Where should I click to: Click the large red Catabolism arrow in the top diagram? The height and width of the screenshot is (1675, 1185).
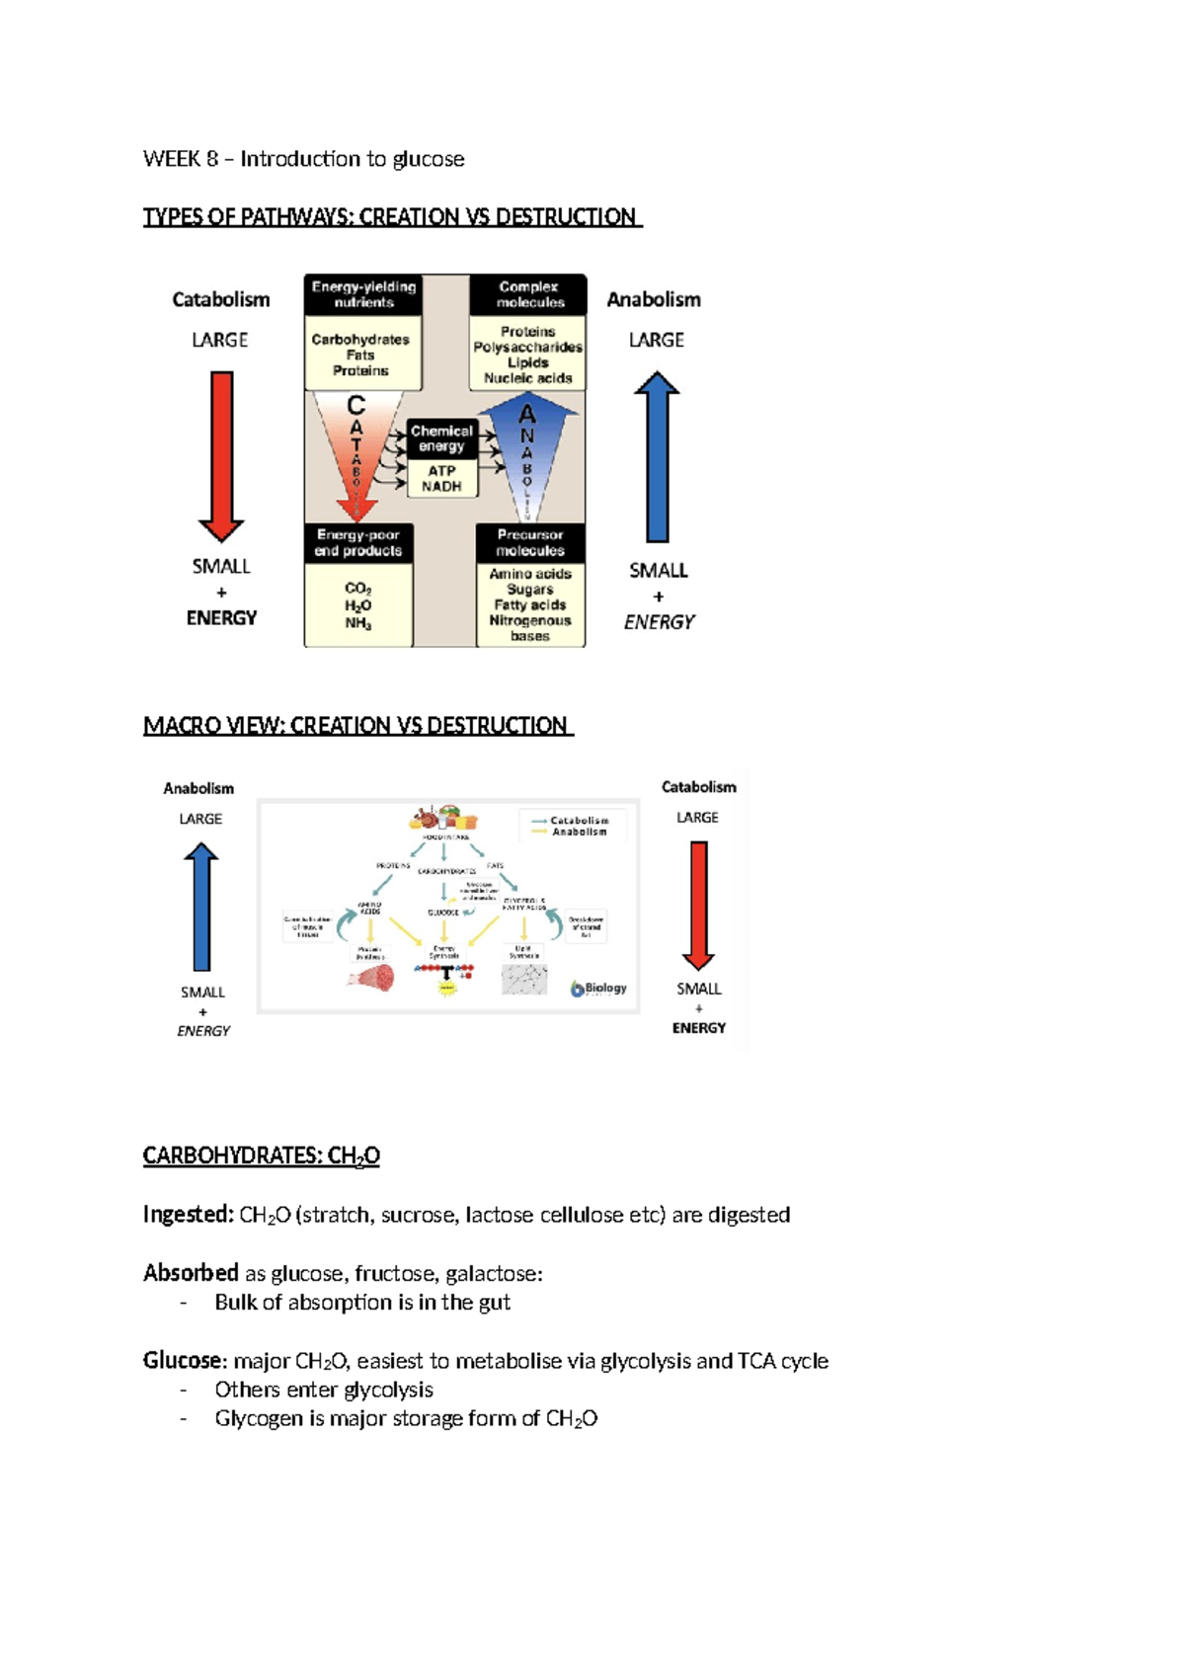(221, 454)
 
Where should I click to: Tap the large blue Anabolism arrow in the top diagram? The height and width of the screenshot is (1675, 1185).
(657, 454)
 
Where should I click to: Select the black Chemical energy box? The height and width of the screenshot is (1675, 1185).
(441, 439)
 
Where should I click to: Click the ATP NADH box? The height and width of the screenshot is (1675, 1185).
(441, 479)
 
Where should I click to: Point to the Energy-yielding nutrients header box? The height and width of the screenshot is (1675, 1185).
(363, 294)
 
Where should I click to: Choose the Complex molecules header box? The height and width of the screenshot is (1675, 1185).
(529, 294)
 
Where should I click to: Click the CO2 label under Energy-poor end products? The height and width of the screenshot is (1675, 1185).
(357, 589)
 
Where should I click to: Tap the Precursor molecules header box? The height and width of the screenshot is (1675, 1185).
(529, 542)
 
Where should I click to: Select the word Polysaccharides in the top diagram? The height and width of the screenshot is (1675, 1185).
(527, 348)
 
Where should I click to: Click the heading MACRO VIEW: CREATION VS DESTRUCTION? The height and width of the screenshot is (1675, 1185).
(357, 726)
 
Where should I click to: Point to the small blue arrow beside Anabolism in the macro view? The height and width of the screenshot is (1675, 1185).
(201, 907)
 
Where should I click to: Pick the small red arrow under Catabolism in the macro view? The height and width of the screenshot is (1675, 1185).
(698, 905)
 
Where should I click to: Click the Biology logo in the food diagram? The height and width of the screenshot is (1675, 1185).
(598, 989)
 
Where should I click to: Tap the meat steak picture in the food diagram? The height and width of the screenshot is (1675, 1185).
(370, 978)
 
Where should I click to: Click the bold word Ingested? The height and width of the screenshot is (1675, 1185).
(188, 1215)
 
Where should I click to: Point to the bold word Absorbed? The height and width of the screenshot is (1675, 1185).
(191, 1273)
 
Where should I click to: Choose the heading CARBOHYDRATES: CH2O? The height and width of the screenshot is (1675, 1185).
(261, 1156)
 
